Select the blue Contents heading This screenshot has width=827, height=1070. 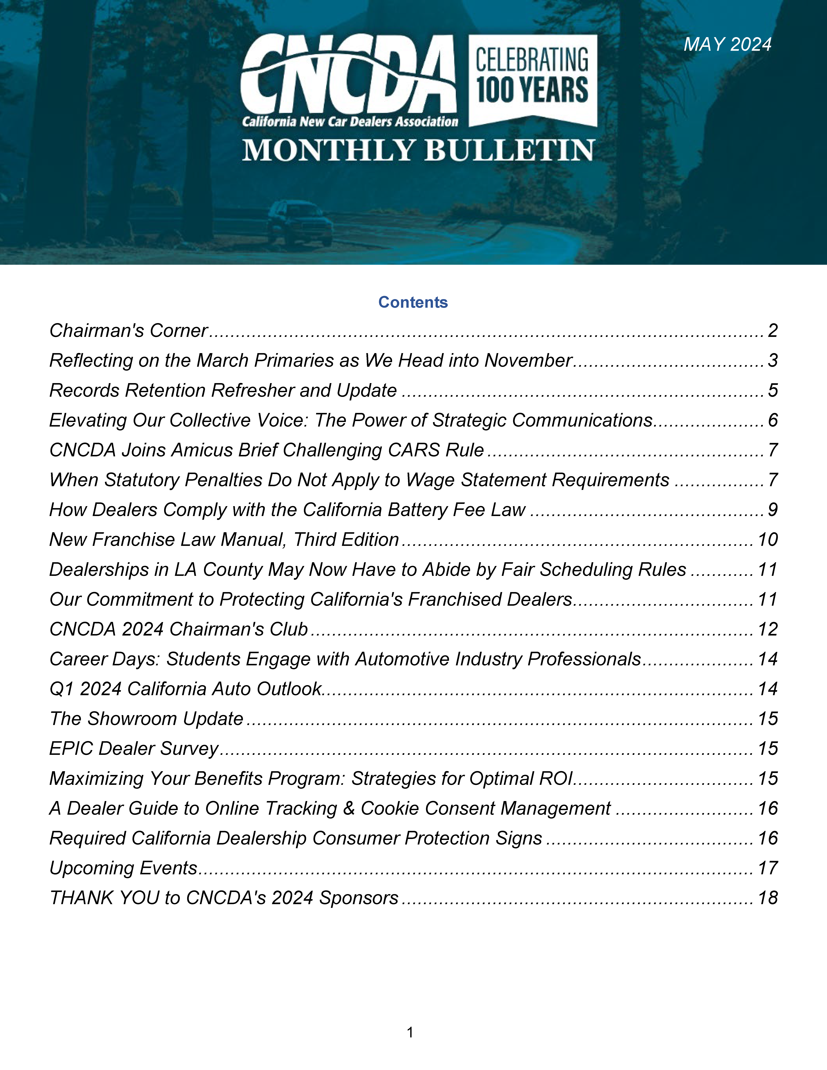click(x=413, y=302)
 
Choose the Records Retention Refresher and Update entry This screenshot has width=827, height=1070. click(x=223, y=391)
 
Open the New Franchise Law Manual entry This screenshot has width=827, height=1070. click(x=224, y=540)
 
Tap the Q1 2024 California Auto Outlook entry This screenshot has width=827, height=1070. click(x=185, y=689)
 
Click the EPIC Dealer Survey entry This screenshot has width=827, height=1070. click(x=134, y=749)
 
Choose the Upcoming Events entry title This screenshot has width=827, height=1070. click(x=123, y=869)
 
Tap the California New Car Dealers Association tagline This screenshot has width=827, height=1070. click(x=350, y=121)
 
